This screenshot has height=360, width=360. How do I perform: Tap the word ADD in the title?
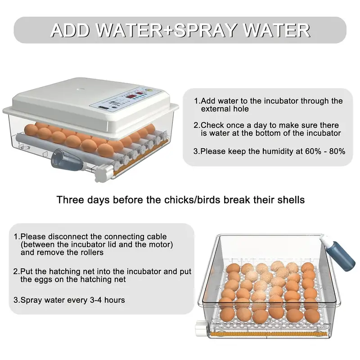point(70,31)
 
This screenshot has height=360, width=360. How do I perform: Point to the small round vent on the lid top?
point(80,90)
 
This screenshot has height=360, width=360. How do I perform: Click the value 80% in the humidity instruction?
point(337,152)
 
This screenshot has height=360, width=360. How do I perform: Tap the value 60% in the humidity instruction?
point(313,152)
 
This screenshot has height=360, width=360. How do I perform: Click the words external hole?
point(225,109)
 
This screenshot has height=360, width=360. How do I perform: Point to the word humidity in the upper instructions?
point(278,152)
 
